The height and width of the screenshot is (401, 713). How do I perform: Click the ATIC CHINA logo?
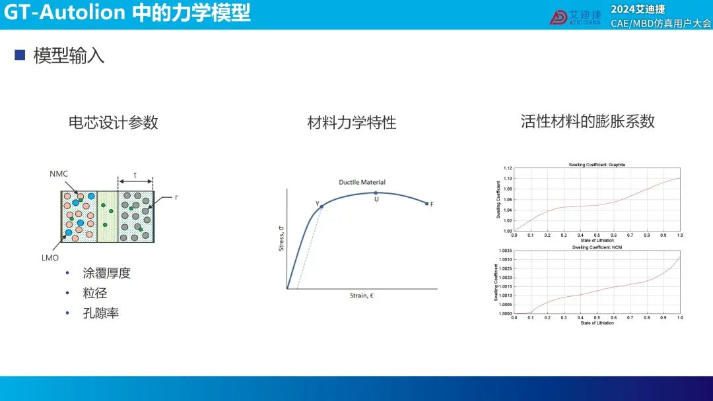click(575, 18)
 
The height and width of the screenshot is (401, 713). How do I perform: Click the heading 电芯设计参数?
click(114, 123)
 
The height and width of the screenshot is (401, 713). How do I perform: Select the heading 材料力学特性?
click(351, 123)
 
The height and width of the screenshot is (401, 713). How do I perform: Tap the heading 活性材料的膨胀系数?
click(588, 121)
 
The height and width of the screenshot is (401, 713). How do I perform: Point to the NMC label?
click(59, 174)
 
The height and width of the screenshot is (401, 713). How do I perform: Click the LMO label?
click(50, 258)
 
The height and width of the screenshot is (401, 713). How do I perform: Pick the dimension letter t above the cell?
click(135, 175)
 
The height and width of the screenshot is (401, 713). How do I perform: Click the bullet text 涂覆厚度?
click(106, 273)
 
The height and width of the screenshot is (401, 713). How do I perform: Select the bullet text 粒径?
click(94, 293)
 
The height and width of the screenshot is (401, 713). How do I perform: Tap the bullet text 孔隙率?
click(100, 313)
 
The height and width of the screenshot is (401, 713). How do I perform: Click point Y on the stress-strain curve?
click(322, 206)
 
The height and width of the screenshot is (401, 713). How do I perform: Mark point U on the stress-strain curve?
click(376, 193)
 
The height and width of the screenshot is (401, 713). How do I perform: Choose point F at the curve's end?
click(426, 203)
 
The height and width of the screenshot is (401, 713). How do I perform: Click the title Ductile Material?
click(362, 182)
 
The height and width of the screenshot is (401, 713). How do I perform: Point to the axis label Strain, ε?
click(362, 295)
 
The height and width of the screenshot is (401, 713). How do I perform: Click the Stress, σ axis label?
click(281, 238)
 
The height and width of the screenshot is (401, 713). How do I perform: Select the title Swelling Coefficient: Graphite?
click(597, 165)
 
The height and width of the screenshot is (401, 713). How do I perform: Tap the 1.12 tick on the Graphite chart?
click(508, 168)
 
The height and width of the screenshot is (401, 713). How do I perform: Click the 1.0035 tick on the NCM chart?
click(505, 251)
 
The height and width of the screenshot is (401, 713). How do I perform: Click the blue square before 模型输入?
click(20, 55)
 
